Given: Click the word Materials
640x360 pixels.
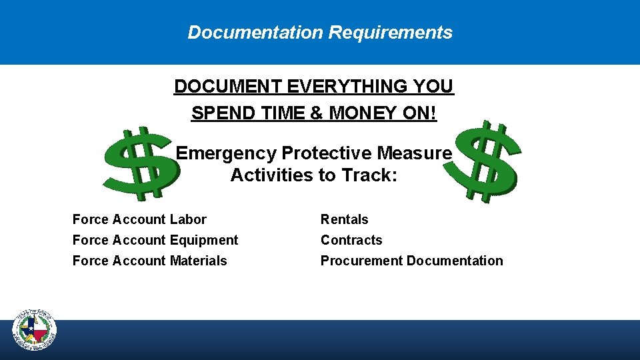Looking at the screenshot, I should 199,261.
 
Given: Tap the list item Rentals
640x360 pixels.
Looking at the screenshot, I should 344,219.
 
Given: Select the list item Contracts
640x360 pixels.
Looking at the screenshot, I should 351,240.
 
